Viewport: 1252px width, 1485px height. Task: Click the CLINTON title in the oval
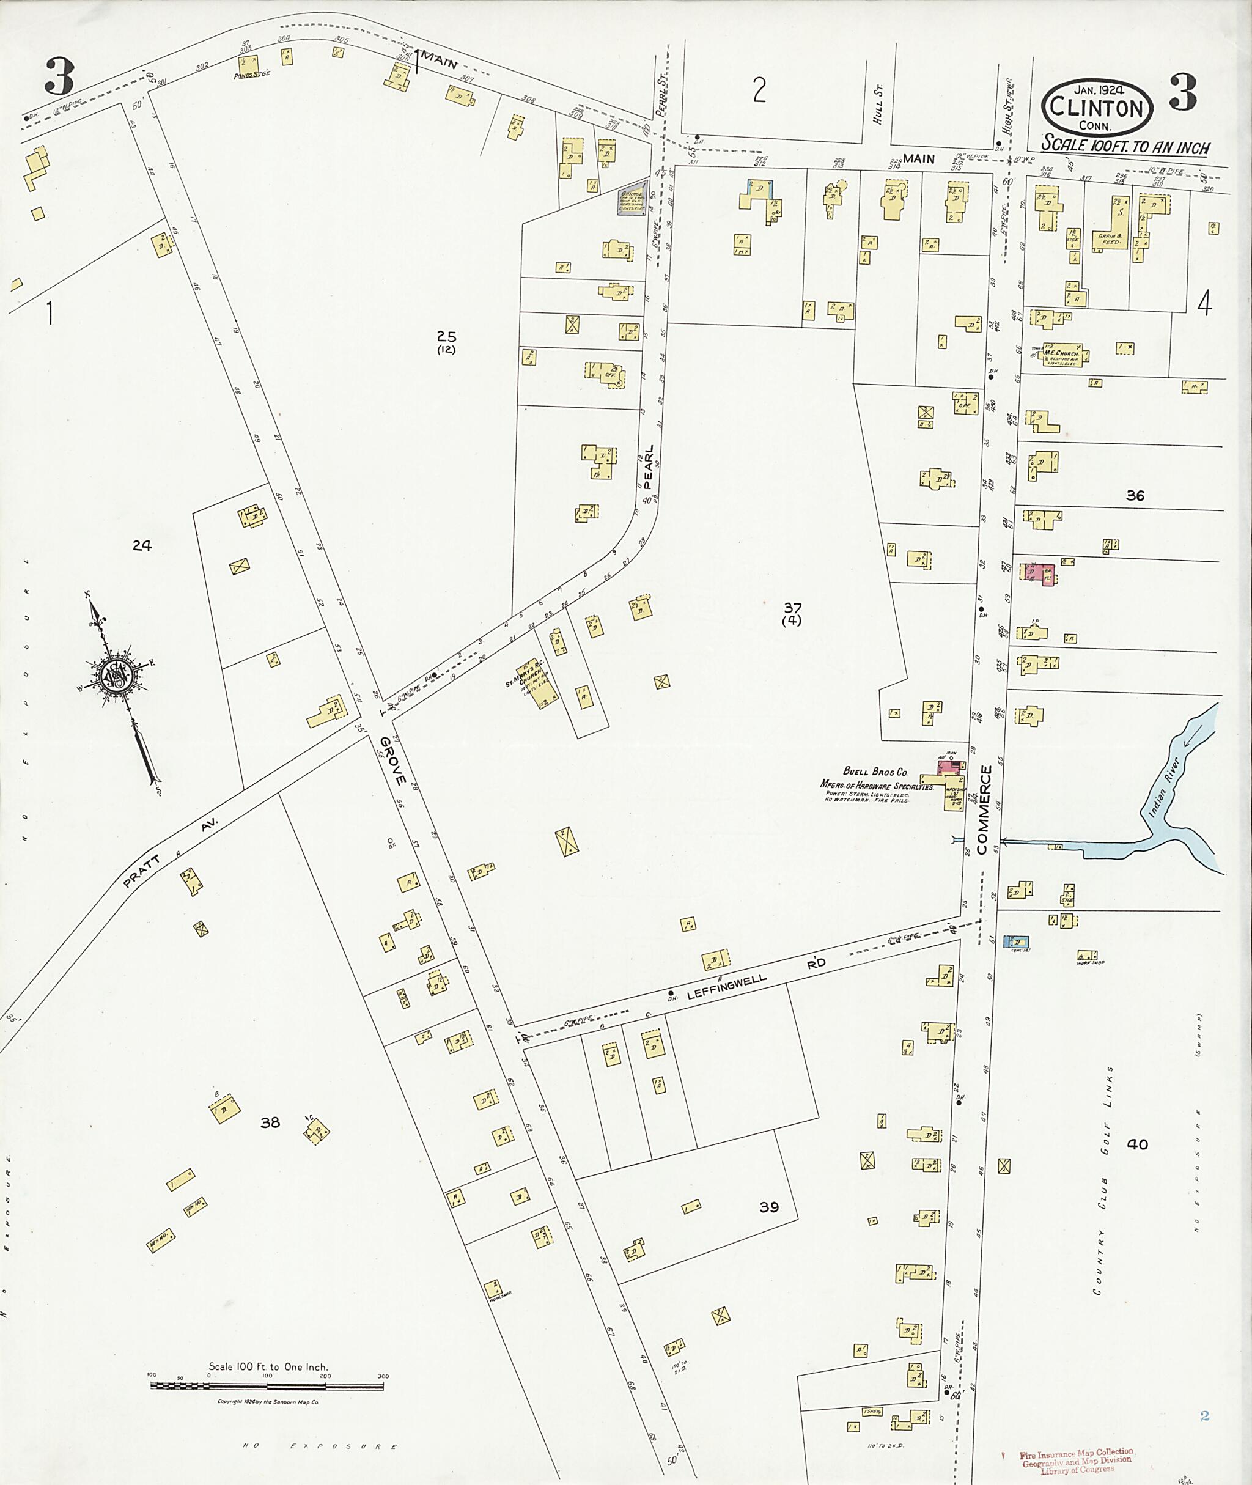[1097, 109]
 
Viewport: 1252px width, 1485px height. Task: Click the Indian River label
[1163, 788]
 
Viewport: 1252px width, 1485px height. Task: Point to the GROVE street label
[392, 761]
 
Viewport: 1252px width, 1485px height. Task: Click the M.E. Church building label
[1066, 353]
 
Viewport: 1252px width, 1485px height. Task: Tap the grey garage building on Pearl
[632, 202]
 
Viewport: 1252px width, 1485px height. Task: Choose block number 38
[270, 1122]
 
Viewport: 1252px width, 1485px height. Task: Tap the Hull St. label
[878, 111]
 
